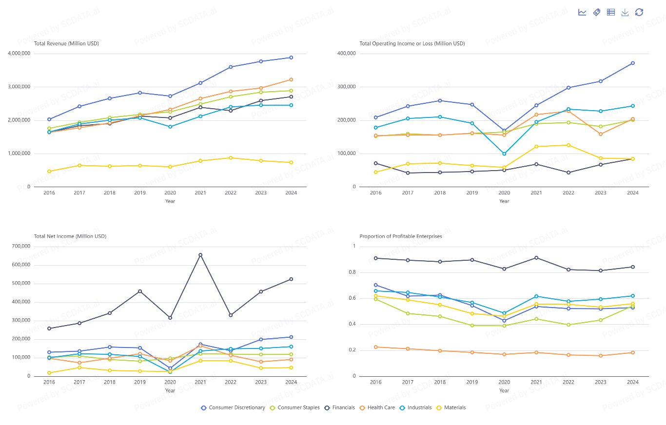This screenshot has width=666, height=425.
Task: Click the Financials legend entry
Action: [x=340, y=407]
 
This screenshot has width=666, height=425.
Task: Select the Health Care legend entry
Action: [x=377, y=407]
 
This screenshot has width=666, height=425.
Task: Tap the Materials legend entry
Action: [x=451, y=407]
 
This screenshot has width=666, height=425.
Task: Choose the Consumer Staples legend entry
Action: [x=295, y=407]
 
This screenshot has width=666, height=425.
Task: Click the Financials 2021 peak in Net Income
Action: [x=200, y=255]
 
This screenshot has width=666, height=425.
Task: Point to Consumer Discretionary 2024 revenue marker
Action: [x=291, y=58]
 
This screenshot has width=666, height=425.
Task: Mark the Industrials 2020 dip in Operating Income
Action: [x=504, y=154]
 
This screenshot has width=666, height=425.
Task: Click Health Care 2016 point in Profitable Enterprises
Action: [x=375, y=347]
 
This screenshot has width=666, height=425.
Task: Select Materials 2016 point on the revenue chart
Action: [x=49, y=172]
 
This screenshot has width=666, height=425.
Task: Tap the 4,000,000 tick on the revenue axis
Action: [x=19, y=54]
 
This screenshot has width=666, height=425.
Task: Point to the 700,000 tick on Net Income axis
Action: [x=21, y=246]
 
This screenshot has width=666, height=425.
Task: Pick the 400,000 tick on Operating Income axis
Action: [x=347, y=54]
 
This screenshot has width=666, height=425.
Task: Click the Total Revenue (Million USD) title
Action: [x=66, y=43]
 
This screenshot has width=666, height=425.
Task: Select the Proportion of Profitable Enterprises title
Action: [x=401, y=236]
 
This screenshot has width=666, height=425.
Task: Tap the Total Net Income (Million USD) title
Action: [x=70, y=236]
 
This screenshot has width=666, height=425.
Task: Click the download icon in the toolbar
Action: [x=625, y=12]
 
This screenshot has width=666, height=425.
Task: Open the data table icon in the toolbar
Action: [x=611, y=12]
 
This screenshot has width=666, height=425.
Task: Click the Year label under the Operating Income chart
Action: [x=504, y=201]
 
